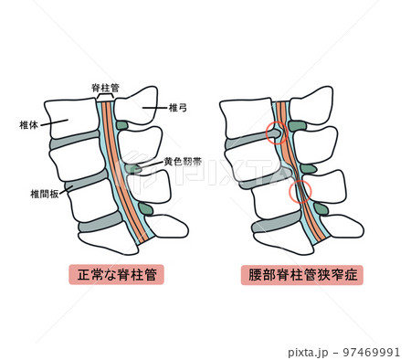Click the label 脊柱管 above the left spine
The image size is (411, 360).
(107, 86)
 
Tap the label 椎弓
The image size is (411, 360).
(178, 107)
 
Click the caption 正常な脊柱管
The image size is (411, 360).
(116, 274)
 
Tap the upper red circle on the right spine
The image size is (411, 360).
(275, 133)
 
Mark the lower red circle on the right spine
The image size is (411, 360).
(300, 191)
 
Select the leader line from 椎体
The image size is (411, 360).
(49, 122)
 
